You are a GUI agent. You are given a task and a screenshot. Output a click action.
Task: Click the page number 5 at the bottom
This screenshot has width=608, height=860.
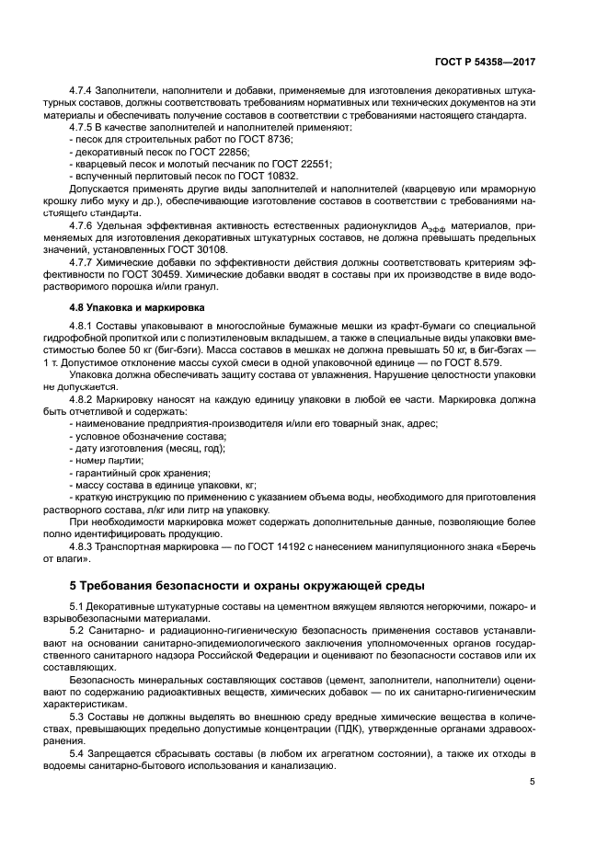point(532,782)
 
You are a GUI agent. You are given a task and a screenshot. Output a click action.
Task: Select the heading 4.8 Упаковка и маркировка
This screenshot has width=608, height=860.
point(131,307)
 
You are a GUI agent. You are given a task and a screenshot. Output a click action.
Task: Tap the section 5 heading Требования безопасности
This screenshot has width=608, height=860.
point(247,585)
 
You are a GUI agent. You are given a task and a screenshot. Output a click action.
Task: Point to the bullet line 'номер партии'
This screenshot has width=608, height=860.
point(108,459)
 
